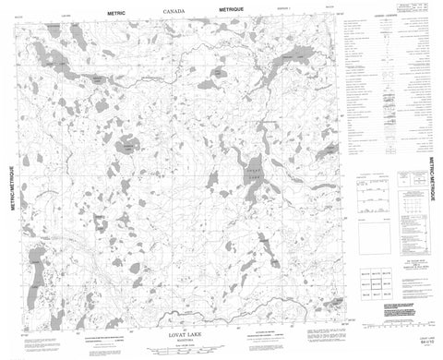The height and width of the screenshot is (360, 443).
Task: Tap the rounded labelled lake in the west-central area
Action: [121, 145]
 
